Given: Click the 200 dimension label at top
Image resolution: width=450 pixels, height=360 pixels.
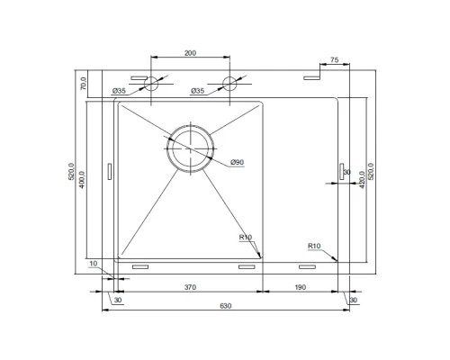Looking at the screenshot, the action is click(x=190, y=53).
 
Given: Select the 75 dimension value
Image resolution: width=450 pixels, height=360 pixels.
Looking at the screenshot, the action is click(x=335, y=60).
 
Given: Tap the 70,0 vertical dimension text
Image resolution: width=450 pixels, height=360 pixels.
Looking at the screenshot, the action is click(x=84, y=84).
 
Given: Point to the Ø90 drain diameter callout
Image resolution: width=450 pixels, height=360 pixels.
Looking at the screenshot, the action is click(x=238, y=162).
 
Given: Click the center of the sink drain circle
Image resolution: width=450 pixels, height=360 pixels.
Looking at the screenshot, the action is click(x=191, y=148).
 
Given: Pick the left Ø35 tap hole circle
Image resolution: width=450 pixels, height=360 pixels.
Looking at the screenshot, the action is click(x=151, y=84).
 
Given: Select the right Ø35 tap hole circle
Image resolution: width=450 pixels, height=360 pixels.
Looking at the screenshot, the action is click(x=229, y=84).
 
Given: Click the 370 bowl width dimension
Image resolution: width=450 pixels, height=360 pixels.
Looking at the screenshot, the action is click(x=190, y=287).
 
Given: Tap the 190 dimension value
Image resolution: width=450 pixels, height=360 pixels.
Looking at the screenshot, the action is click(x=301, y=287).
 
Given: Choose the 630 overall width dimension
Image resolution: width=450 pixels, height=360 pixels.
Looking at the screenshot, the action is click(x=226, y=306).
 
